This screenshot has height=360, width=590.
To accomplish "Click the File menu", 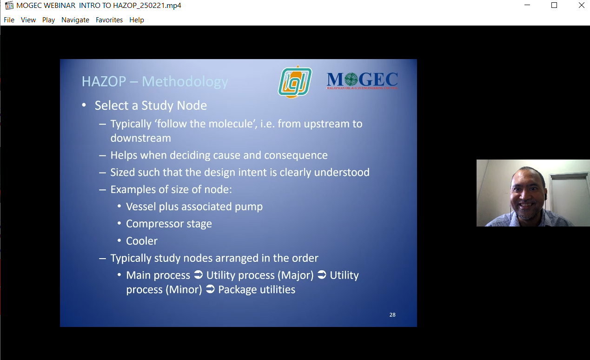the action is (x=9, y=20).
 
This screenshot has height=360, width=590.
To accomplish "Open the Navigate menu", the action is (x=75, y=20).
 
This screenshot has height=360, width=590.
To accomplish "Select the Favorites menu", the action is (x=109, y=20).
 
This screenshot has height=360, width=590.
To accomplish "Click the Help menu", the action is (x=136, y=20).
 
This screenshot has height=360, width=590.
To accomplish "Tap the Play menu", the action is (x=48, y=20).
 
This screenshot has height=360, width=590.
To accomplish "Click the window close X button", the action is (x=581, y=5).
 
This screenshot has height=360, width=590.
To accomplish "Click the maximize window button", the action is (x=554, y=5).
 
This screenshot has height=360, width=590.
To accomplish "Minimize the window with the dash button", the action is (x=527, y=5).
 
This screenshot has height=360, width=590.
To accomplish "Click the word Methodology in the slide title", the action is (x=185, y=82).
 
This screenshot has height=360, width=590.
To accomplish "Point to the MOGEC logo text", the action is (x=362, y=81).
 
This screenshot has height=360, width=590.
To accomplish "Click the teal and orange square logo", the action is (x=295, y=82).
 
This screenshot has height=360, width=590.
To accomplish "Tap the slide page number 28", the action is (x=392, y=315).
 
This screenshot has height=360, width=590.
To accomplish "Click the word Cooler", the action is (x=142, y=241).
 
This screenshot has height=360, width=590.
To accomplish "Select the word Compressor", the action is (x=155, y=224).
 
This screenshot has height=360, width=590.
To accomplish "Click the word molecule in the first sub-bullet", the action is (x=231, y=124).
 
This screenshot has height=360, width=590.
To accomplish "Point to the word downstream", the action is (x=141, y=138).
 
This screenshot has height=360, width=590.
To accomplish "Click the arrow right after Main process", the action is (x=198, y=275).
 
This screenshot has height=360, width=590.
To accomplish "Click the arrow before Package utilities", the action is (x=210, y=289).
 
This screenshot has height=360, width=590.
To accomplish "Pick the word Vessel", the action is (x=141, y=207).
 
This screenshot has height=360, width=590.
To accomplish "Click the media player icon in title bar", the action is (x=9, y=5).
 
